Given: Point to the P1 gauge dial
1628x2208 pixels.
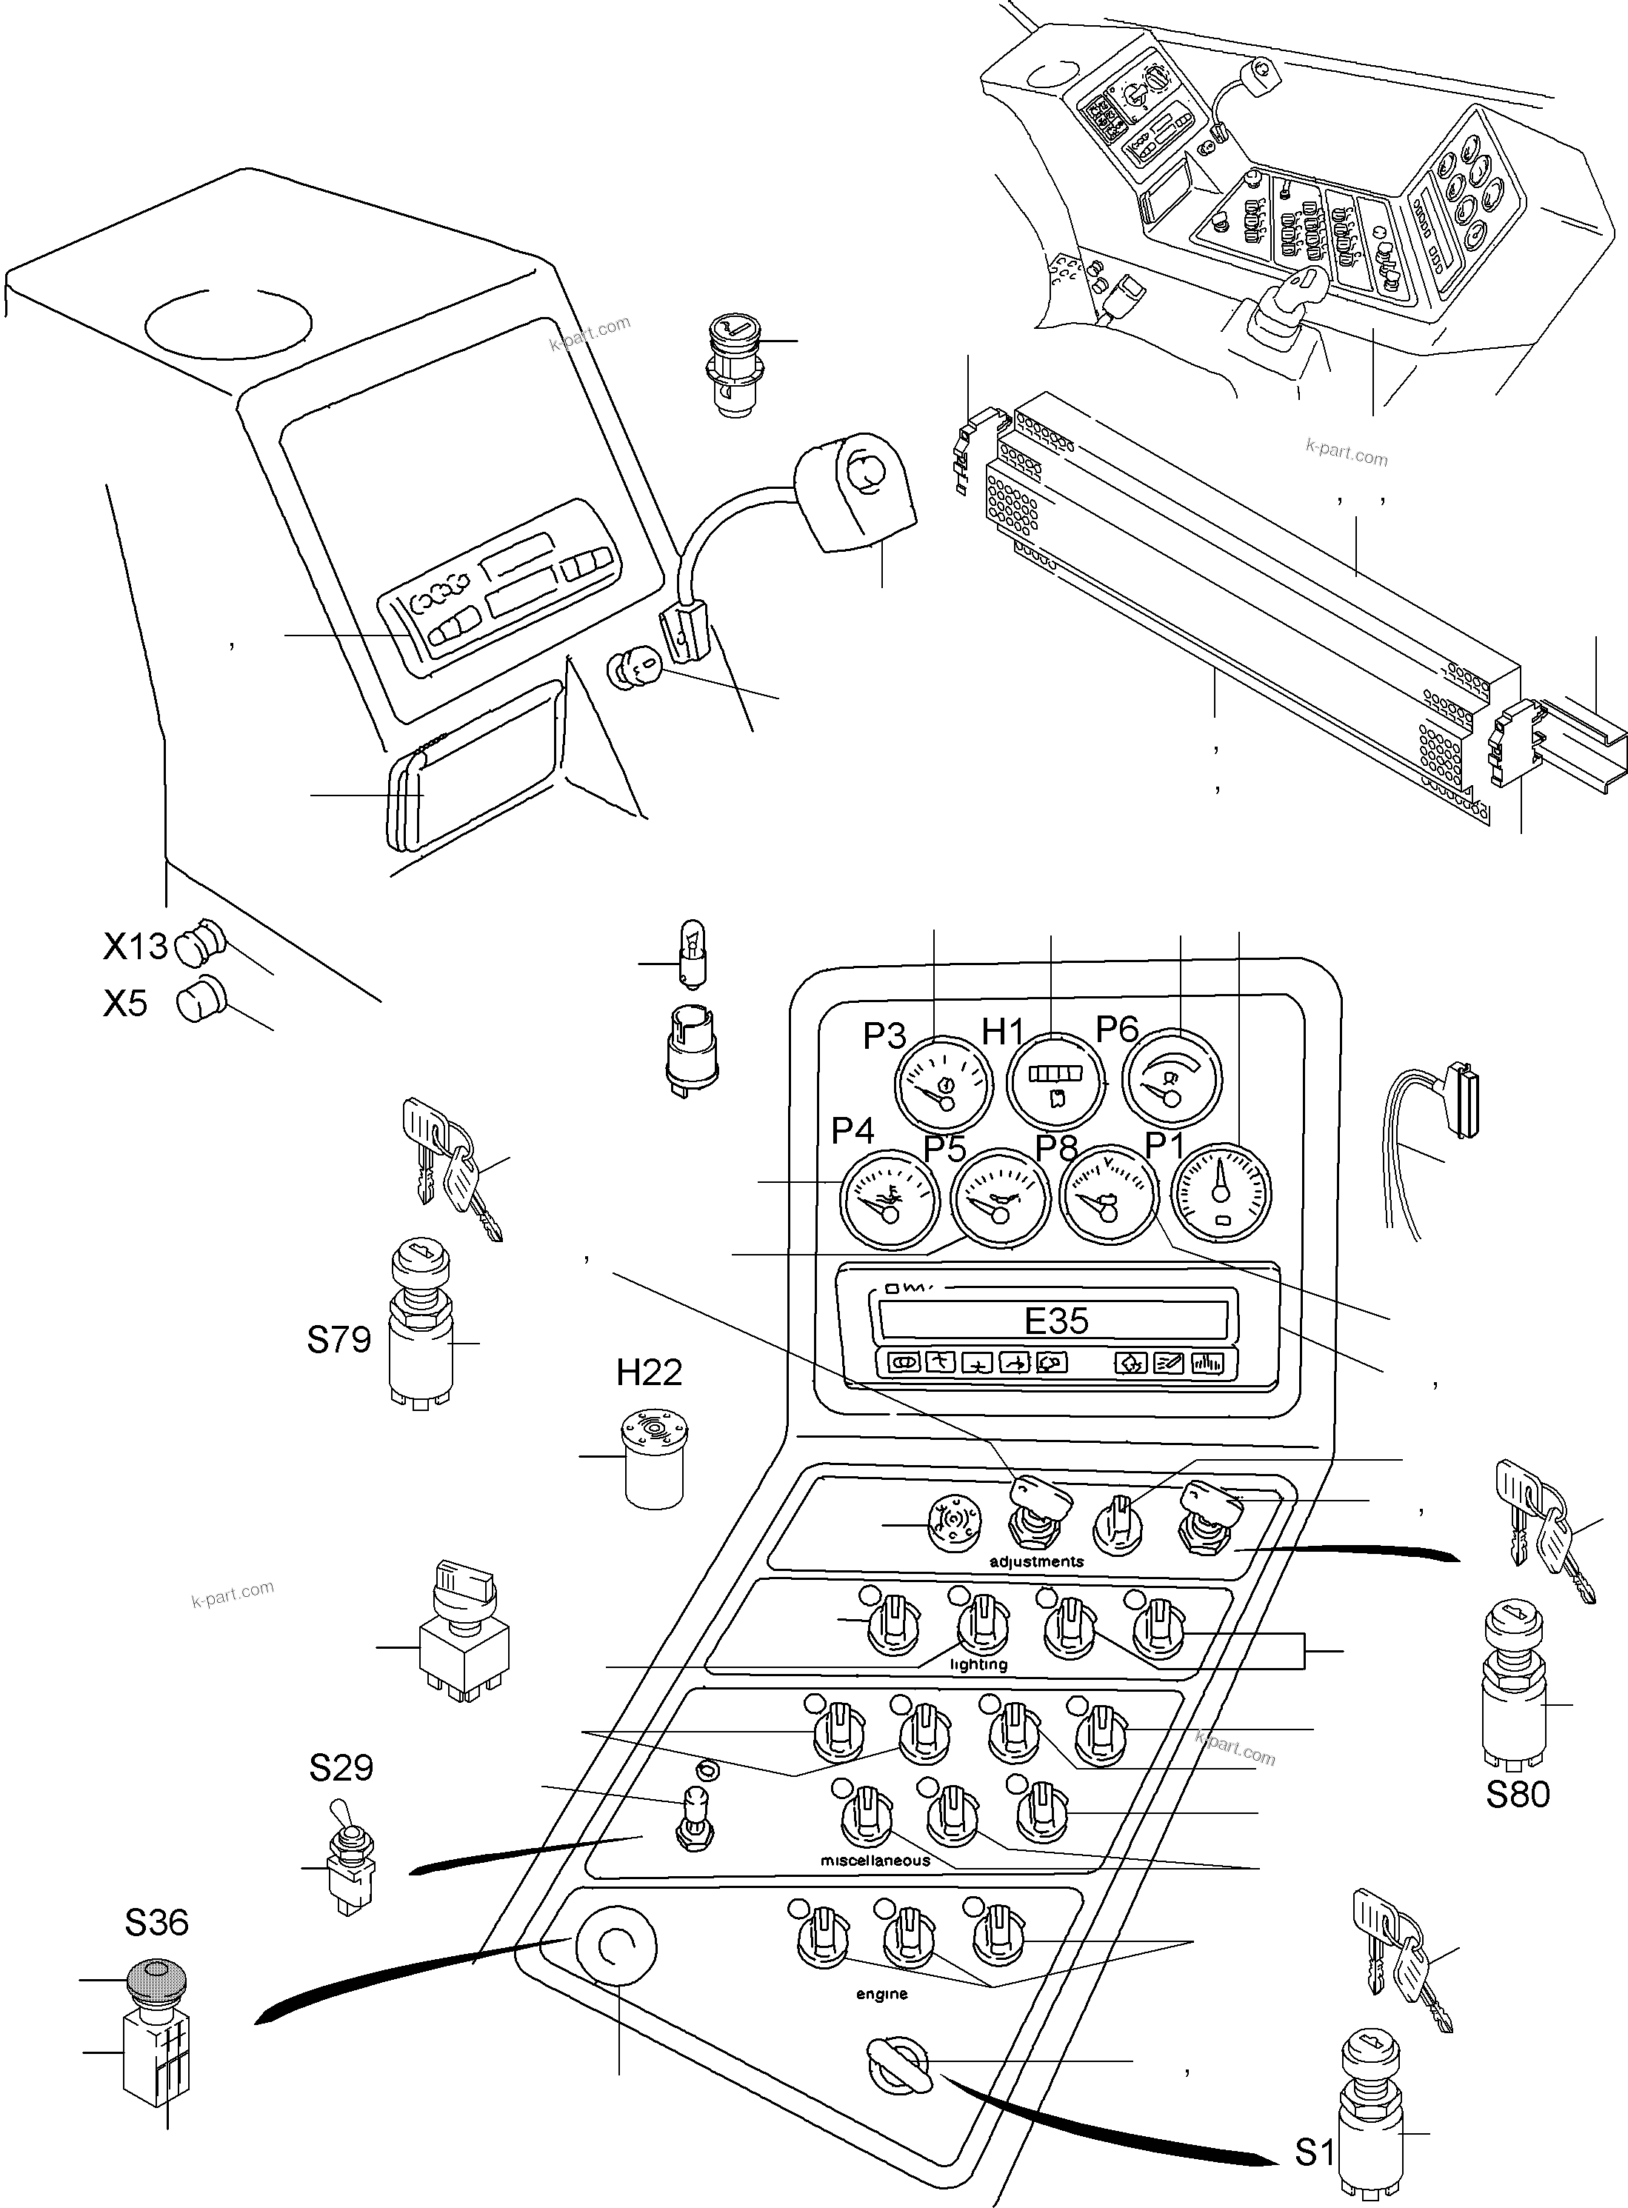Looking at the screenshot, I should click(1221, 1193).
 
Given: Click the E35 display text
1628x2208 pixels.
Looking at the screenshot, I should click(1056, 1320).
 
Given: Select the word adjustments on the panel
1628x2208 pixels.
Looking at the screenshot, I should click(1037, 1561).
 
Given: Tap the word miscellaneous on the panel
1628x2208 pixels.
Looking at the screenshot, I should click(875, 1860).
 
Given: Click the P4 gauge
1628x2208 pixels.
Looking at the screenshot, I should click(888, 1198).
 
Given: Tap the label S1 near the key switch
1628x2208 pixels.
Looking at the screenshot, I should click(1314, 2153).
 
